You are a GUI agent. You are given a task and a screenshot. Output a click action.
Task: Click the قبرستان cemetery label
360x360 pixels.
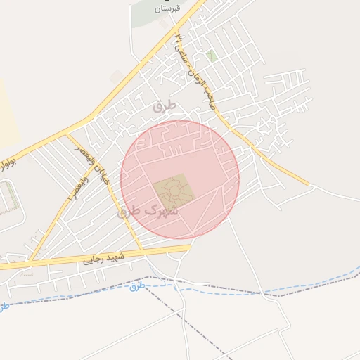167,8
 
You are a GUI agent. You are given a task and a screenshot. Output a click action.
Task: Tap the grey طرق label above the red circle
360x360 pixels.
165,106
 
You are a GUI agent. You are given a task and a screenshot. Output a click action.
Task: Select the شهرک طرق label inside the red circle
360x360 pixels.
148,210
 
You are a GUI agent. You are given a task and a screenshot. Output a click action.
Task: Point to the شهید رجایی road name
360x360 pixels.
103,259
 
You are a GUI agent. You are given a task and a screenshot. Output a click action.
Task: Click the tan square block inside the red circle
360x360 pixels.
172,190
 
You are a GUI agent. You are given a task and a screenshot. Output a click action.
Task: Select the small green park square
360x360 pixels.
212,55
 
